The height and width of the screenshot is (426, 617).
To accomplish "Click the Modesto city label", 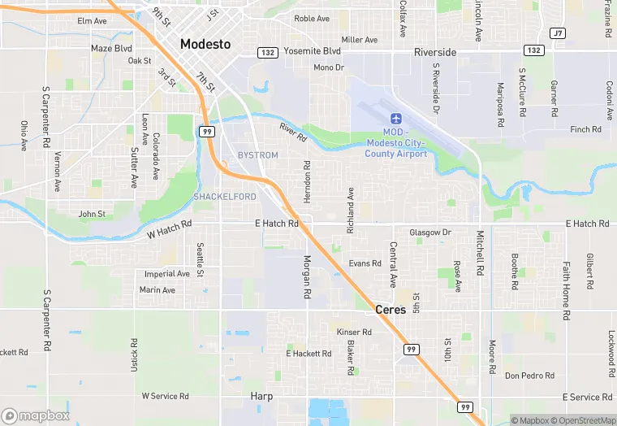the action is [205, 44].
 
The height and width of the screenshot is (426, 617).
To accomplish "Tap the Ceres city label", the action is [390, 310].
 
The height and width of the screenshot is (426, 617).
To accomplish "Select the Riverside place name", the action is [435, 52].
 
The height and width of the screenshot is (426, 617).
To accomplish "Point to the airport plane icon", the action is [396, 120].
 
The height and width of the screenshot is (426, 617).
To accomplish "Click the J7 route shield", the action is [557, 33].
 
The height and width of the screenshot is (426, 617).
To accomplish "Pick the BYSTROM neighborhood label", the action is [257, 155].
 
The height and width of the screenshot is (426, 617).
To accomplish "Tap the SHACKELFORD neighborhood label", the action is [225, 197].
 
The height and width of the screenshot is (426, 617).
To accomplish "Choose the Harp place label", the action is [261, 396].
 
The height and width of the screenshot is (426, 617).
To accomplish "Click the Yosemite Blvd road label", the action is [313, 50].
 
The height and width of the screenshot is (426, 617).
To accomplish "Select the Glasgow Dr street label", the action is [430, 233].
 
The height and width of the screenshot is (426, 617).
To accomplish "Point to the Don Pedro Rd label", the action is [529, 376].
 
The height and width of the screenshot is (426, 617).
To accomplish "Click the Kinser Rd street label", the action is [354, 332].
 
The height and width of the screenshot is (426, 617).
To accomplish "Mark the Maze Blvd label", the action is [111, 48].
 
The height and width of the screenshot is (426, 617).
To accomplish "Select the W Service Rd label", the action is [165, 396].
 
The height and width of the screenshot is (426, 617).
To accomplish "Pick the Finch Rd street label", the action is [585, 129].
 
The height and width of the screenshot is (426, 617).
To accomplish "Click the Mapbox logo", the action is [36, 415].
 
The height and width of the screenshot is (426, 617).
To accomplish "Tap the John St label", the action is [92, 215].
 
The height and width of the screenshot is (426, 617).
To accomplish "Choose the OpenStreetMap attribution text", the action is [584, 420].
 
